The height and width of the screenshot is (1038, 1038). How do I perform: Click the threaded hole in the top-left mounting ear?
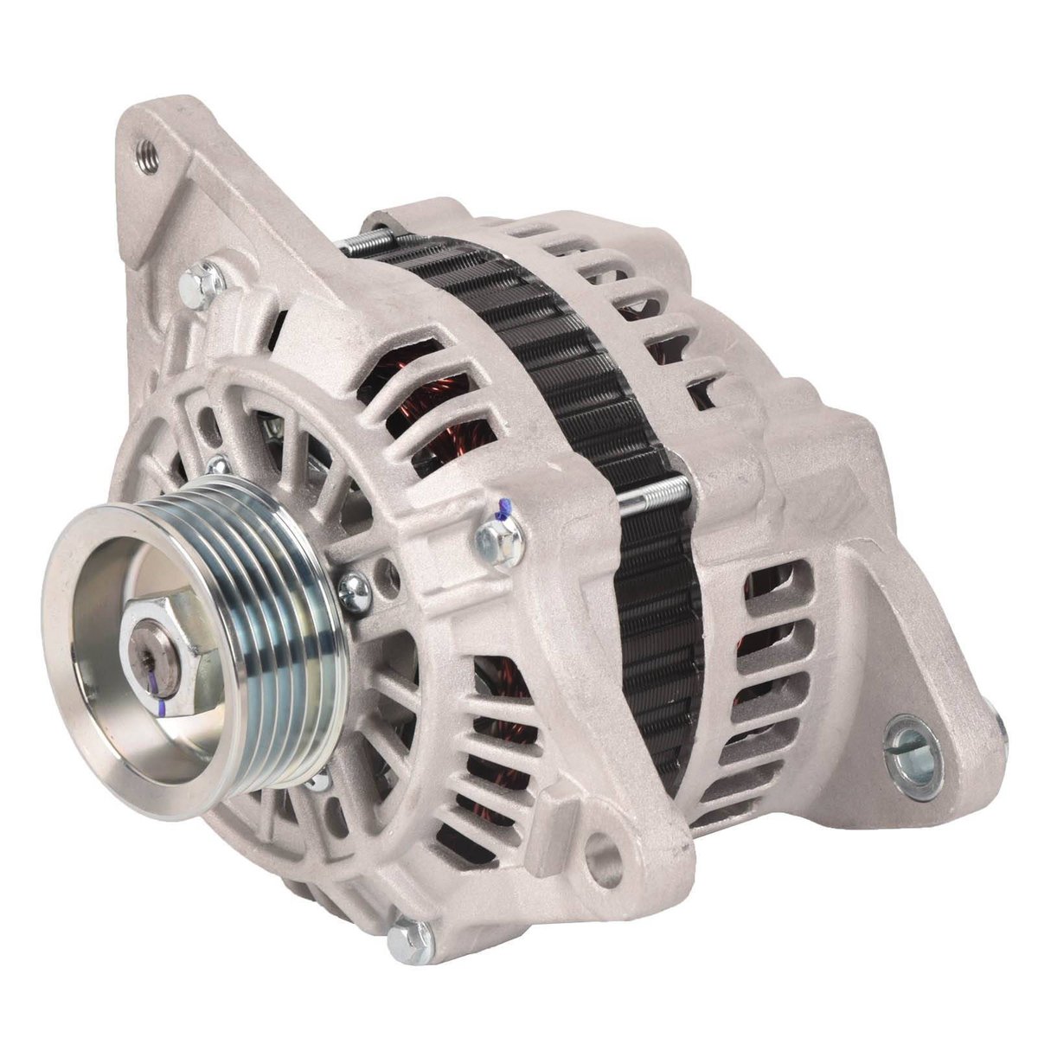click(148, 159)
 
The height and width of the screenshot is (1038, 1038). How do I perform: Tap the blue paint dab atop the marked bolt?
click(503, 516)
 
